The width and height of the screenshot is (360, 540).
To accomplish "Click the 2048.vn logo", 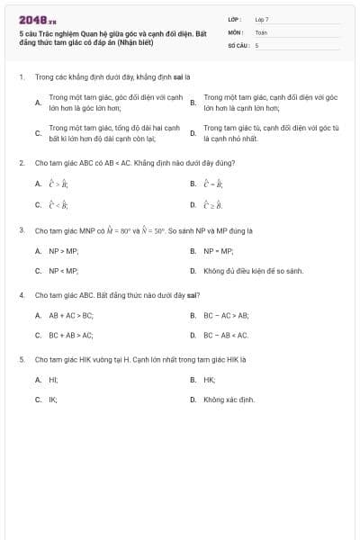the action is pos(37,19).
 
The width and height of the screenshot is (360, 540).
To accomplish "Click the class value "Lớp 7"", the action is pos(262,18).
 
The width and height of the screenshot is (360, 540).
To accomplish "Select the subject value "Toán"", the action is pos(261,31).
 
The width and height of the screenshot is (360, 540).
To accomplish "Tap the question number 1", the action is pos(21,77).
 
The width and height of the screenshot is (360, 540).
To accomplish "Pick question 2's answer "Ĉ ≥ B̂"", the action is pos(212,204).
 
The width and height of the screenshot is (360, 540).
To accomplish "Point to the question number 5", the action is pos(21,359).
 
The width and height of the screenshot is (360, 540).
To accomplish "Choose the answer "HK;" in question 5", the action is pos(210,380).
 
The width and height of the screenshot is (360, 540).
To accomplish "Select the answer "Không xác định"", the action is pos(229,399).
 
